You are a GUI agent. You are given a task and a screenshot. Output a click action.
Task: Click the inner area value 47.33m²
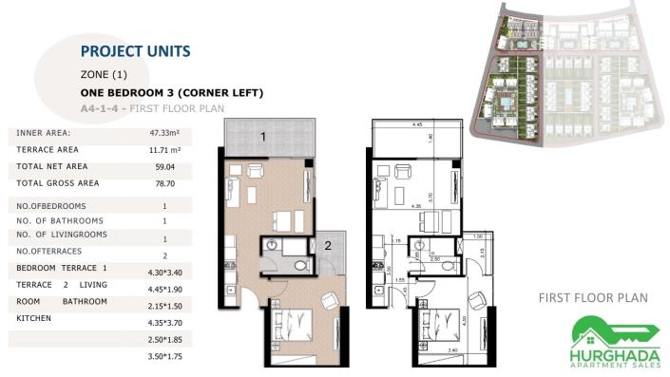pos(164,133)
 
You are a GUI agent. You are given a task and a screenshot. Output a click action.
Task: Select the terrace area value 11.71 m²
pos(164,150)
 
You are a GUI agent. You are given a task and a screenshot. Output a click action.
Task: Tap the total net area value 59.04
pos(164,166)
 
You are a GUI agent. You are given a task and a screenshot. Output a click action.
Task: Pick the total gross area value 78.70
pos(164,183)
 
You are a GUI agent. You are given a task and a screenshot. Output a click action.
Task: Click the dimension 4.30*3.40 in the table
pos(164,269)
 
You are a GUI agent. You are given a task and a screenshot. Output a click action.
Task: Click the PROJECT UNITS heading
pos(136,51)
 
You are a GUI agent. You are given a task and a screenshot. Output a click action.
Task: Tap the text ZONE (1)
pos(105,74)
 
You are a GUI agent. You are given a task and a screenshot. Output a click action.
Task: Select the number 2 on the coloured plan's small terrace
pos(326,245)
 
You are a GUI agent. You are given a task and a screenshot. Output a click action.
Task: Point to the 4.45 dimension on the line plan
pos(416,124)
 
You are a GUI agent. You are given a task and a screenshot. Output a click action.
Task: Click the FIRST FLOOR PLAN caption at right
pos(593,298)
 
